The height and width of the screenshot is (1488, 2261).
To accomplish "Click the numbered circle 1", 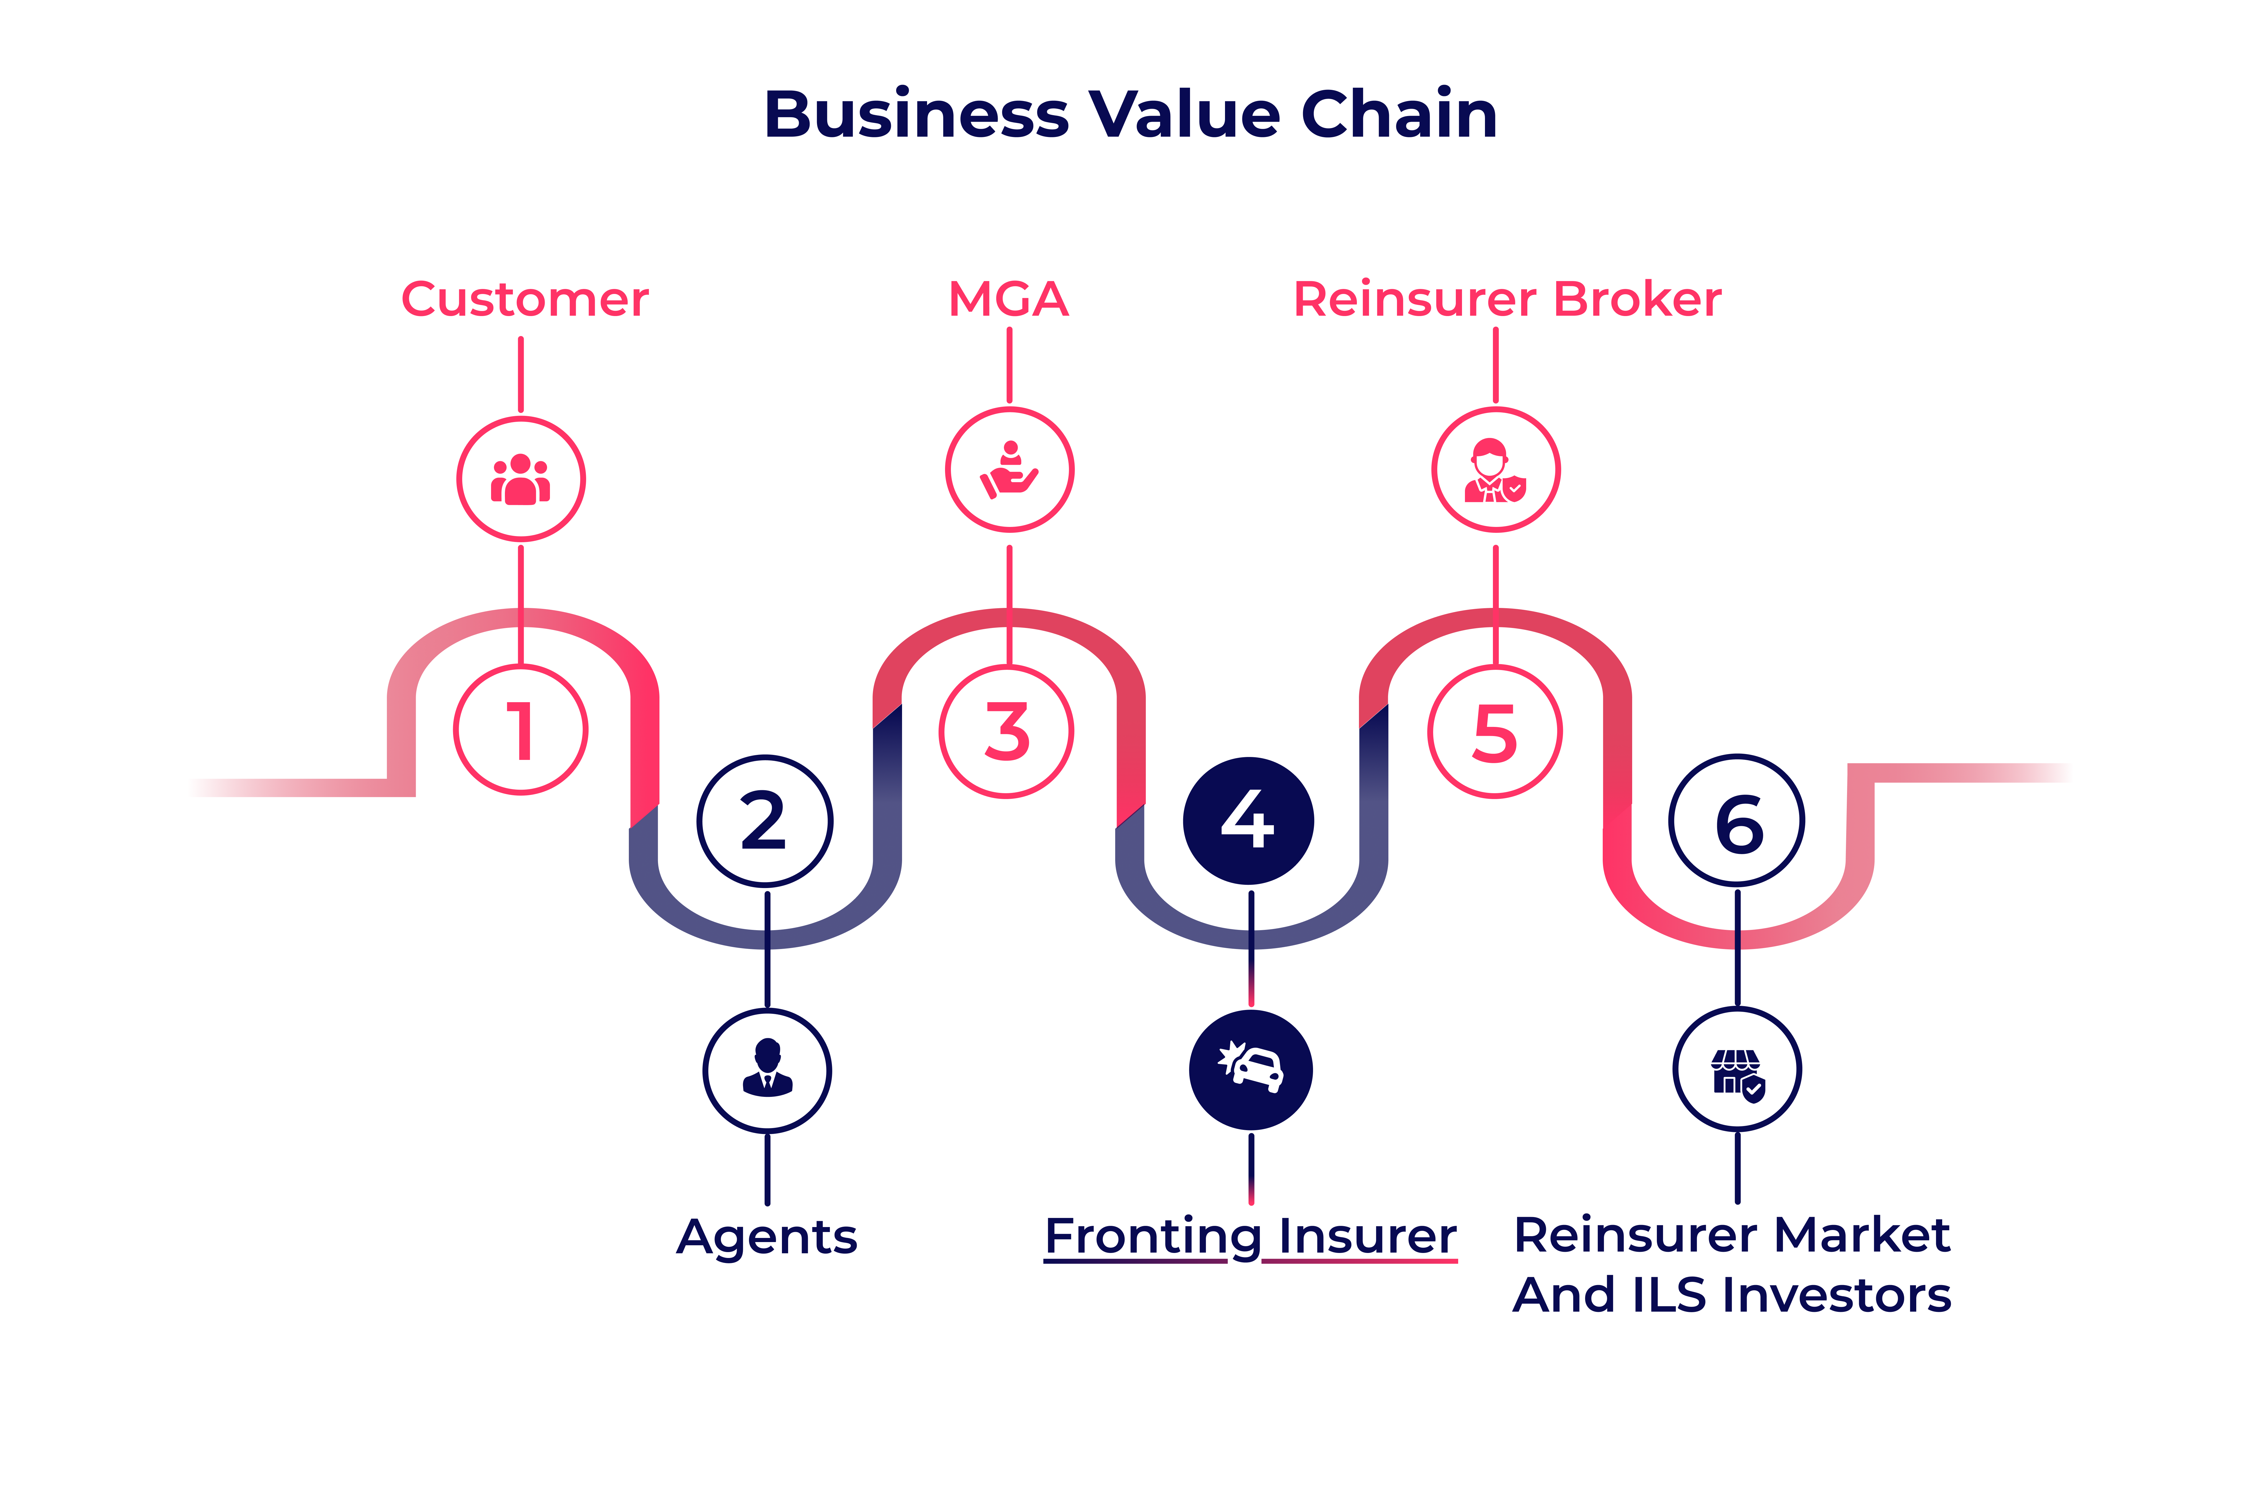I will pyautogui.click(x=521, y=730).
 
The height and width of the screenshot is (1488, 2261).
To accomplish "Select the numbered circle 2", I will pyautogui.click(x=765, y=821).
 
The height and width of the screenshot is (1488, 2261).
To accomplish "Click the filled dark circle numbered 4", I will pyautogui.click(x=1248, y=821).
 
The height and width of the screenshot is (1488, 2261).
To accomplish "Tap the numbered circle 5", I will pyautogui.click(x=1494, y=732).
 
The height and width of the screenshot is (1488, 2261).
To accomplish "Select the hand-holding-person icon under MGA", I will pyautogui.click(x=1010, y=469).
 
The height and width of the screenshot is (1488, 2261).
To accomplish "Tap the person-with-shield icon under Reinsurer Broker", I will pyautogui.click(x=1495, y=469).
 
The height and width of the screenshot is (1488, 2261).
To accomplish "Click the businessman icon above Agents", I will pyautogui.click(x=768, y=1070).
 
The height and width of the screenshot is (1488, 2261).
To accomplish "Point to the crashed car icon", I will pyautogui.click(x=1251, y=1070).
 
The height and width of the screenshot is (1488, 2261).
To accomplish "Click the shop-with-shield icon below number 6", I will pyautogui.click(x=1737, y=1070).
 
